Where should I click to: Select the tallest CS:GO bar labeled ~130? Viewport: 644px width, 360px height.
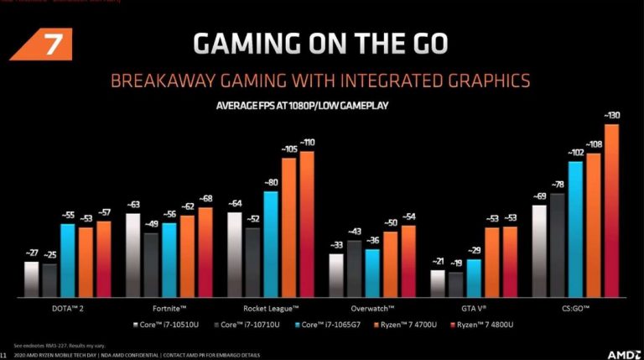(610, 210)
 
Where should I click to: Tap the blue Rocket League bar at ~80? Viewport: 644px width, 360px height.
(271, 243)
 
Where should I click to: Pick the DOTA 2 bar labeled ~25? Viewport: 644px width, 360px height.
(49, 280)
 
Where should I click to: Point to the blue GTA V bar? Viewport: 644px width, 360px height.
(474, 278)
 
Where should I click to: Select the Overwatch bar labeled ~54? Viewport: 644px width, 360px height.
(408, 260)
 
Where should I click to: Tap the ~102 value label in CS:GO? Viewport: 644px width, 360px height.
(574, 153)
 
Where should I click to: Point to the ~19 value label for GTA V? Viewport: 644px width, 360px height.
(455, 263)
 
